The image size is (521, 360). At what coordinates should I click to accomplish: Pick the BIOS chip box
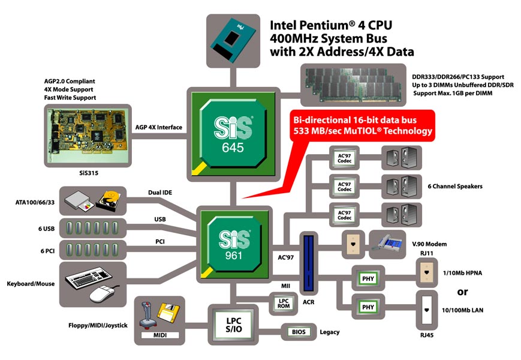click(299, 331)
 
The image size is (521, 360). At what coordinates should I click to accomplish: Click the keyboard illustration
click(92, 278)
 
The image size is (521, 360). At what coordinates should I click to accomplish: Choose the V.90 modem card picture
click(394, 244)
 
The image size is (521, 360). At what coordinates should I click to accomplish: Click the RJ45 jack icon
click(427, 310)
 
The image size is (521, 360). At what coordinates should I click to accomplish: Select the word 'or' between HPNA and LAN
click(462, 292)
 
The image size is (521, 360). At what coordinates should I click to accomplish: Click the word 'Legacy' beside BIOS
click(330, 332)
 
